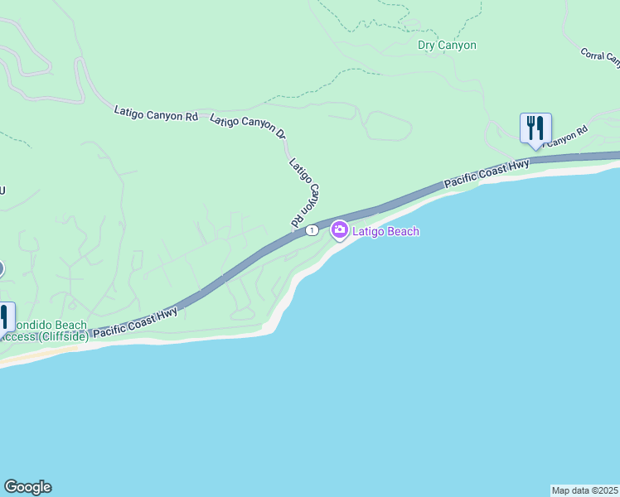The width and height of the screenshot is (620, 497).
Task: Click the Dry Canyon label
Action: click(447, 46)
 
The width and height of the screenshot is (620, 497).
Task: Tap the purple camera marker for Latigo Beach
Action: click(339, 229)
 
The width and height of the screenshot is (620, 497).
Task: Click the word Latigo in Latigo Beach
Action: click(369, 232)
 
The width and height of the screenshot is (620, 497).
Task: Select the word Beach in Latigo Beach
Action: click(404, 232)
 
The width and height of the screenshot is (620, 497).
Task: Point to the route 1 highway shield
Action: click(311, 229)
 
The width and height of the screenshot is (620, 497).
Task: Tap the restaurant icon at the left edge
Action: click(3, 318)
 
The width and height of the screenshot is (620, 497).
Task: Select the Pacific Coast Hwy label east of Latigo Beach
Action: click(486, 173)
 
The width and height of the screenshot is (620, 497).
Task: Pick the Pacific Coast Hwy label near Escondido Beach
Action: click(135, 322)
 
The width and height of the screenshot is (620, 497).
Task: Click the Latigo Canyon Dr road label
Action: click(247, 126)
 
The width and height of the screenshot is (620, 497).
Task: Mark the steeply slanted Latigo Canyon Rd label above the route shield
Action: click(305, 193)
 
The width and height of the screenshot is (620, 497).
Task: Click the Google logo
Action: click(27, 487)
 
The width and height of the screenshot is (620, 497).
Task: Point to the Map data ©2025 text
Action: click(584, 490)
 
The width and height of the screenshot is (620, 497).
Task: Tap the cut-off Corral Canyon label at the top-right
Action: click(600, 56)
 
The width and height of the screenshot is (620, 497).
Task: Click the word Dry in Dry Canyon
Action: click(427, 46)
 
